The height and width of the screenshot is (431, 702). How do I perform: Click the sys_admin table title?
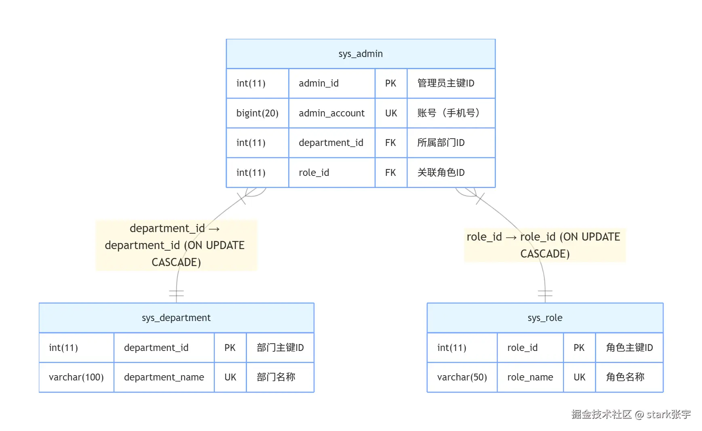(360, 54)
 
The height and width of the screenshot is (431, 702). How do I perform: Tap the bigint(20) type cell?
(257, 113)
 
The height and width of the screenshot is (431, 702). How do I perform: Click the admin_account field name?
(331, 113)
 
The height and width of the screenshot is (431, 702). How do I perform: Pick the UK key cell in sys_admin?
(391, 113)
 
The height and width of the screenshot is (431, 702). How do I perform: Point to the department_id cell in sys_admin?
(331, 143)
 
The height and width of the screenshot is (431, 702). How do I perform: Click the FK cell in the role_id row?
(391, 173)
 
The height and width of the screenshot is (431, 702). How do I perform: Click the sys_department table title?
(176, 318)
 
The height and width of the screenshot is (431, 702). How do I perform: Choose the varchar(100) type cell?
(76, 377)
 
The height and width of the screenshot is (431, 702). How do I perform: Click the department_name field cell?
(164, 377)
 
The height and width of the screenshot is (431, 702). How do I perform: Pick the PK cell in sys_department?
(230, 348)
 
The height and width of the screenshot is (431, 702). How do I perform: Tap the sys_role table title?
(545, 318)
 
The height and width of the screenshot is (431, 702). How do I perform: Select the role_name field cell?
(530, 377)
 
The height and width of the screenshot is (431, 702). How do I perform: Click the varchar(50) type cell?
(462, 377)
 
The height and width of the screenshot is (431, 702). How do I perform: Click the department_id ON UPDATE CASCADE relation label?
(175, 245)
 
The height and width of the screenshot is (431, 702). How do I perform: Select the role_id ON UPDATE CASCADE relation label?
(544, 245)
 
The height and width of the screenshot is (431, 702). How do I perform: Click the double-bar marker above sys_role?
(545, 293)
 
